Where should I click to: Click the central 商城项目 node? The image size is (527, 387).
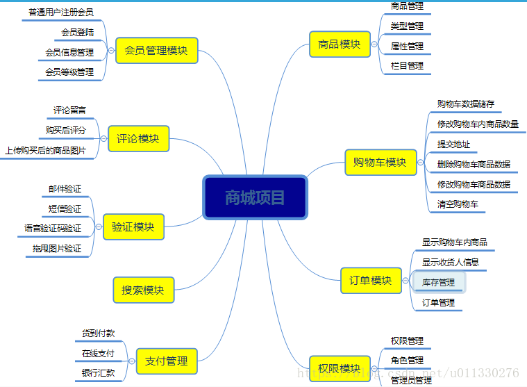point(255,197)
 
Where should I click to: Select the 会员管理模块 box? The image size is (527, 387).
point(156,51)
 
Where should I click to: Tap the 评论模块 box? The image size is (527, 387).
point(138,139)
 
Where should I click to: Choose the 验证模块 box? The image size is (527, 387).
point(133,227)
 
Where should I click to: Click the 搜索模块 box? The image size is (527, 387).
point(143,290)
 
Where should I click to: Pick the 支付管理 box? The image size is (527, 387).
point(167,361)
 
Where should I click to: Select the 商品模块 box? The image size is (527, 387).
point(340,44)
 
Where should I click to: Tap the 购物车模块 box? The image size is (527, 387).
point(380,163)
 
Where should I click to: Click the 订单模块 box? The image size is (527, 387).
point(371,281)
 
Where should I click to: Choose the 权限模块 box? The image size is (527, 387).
point(340,368)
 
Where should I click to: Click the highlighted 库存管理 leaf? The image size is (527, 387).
point(439,283)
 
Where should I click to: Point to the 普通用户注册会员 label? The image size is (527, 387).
point(61,13)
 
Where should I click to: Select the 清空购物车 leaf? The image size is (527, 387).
point(458,204)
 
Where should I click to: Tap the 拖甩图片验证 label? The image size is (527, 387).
point(57,248)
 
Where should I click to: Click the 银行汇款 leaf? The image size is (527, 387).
point(99,373)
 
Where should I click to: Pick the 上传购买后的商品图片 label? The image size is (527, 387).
point(46,150)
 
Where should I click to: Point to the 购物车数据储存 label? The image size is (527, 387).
point(466,104)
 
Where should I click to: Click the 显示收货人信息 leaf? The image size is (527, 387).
point(451,262)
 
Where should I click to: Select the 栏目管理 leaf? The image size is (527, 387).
point(407,66)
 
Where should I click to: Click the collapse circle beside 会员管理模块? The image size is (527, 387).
point(111,51)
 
